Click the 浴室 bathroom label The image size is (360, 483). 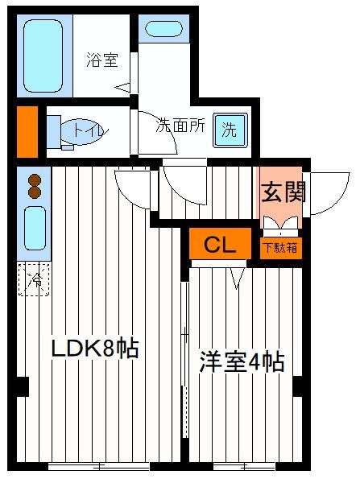(102, 60)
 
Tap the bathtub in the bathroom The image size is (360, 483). (43, 56)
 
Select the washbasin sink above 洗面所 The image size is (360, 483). (163, 29)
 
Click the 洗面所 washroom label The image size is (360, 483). (180, 126)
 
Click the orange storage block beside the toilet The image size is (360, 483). (27, 132)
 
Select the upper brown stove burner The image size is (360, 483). (35, 180)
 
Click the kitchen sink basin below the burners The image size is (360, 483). (35, 229)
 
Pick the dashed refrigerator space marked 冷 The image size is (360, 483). (34, 279)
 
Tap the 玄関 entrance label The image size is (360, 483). (283, 192)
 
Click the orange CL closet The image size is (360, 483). (220, 244)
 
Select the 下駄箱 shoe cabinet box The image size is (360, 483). (281, 248)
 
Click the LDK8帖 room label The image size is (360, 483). (95, 349)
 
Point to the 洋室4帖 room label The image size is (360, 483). (242, 361)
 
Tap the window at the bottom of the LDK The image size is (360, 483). (98, 466)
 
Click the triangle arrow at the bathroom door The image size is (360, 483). (122, 88)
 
